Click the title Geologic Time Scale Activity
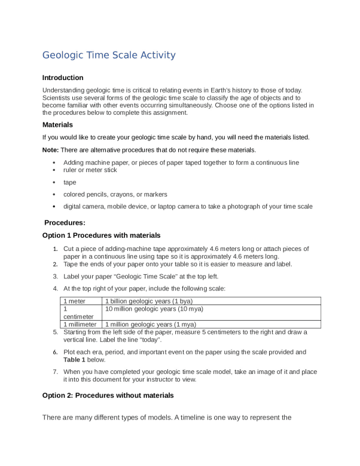tap(109, 55)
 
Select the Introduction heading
tap(63, 78)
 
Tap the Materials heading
tap(57, 125)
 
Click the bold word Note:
tap(51, 149)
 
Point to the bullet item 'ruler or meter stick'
tap(90, 170)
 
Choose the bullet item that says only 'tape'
tap(70, 182)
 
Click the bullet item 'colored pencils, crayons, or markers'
tap(115, 194)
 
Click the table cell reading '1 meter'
tap(75, 301)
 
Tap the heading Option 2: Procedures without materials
tap(108, 395)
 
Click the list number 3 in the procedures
tap(55, 277)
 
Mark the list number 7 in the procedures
tap(55, 372)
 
